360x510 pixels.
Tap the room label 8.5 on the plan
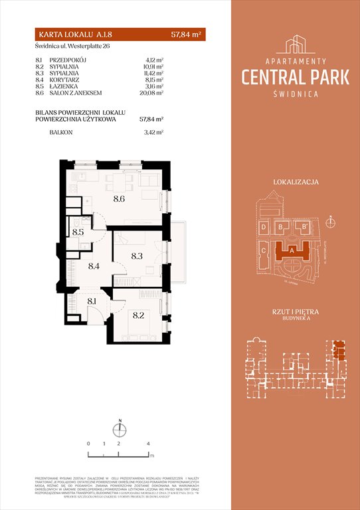click(x=78, y=232)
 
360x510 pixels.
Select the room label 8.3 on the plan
click(x=137, y=255)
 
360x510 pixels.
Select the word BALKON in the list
click(x=61, y=133)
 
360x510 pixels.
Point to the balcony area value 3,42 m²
click(x=153, y=133)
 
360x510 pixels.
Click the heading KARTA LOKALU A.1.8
click(x=68, y=35)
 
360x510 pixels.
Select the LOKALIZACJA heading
click(x=296, y=181)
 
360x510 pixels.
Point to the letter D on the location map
click(x=264, y=228)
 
